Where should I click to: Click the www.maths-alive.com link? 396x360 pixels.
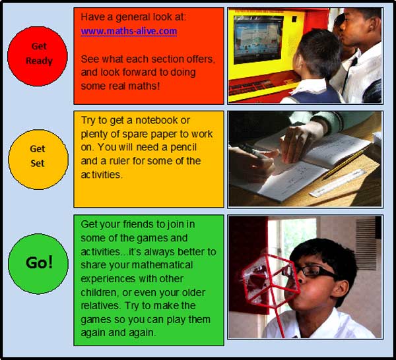coord(129,31)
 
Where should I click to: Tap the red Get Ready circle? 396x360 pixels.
coord(38,56)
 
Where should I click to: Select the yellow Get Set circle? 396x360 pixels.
coord(38,160)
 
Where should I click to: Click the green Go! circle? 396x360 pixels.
coord(38,264)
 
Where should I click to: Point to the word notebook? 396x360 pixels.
coord(156,121)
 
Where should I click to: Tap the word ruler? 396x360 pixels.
coord(119,161)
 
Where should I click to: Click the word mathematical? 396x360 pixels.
coord(162,265)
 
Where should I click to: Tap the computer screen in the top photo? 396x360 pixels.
coord(258,40)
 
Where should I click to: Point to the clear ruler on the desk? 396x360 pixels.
coord(337,183)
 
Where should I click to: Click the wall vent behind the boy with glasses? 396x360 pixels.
coord(366,243)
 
